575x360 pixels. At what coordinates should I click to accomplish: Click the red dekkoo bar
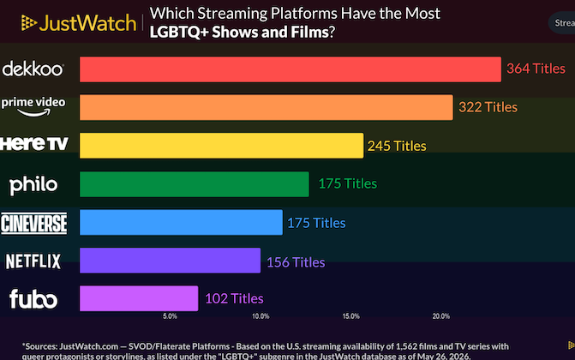tap(290, 69)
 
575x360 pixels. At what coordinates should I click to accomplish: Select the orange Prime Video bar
tap(267, 107)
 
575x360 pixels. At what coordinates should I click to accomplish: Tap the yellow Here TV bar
tap(221, 146)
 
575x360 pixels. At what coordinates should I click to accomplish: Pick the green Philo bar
tap(195, 184)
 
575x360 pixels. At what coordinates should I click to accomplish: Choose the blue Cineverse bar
tap(181, 222)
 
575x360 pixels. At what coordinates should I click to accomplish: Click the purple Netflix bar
tap(171, 261)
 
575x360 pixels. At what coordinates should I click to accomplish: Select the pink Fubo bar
tap(139, 298)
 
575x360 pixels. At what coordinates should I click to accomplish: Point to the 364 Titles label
tap(536, 69)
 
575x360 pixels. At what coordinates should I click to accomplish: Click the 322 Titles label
tap(488, 107)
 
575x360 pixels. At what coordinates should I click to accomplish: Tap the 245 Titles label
tap(397, 146)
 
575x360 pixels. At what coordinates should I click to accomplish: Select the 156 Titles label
tap(296, 262)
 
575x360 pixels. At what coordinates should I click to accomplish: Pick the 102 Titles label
tap(234, 299)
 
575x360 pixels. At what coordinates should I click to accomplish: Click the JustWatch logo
tap(79, 23)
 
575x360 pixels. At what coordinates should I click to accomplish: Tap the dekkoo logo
tap(33, 69)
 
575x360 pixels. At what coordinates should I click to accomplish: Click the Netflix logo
tap(33, 261)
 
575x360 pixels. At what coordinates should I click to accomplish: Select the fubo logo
tap(33, 299)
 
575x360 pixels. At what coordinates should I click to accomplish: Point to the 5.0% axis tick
tap(170, 316)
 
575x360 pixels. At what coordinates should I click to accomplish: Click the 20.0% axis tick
tap(440, 316)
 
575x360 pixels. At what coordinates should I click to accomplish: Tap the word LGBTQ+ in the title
tap(179, 33)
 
